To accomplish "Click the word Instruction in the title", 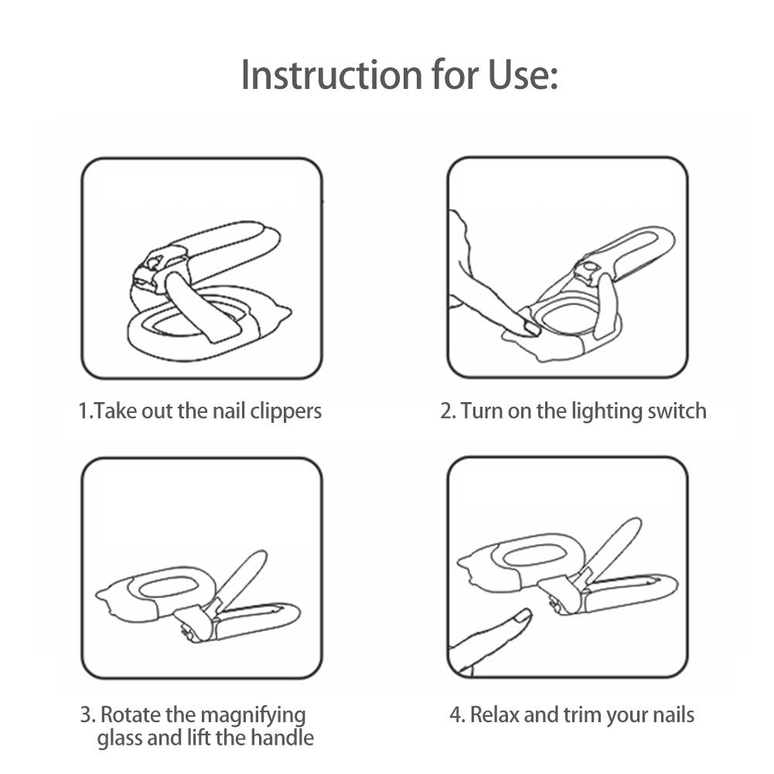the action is [332, 75].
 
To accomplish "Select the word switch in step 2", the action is [677, 411].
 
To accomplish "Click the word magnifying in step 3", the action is [253, 716].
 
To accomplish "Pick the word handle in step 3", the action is [282, 738].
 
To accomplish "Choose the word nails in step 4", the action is [673, 714].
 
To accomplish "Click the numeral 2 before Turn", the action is [445, 411].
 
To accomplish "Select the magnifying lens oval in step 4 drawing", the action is [532, 557].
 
